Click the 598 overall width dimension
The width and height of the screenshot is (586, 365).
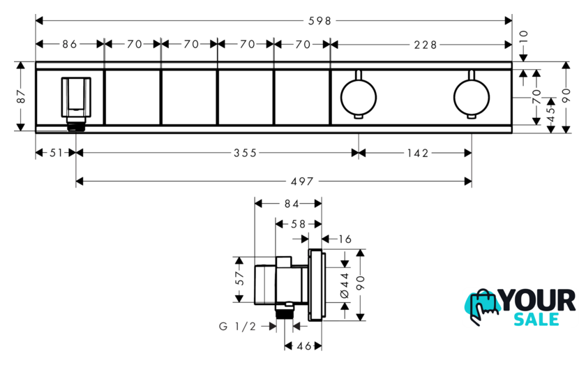tap(320, 21)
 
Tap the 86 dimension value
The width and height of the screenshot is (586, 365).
tap(70, 45)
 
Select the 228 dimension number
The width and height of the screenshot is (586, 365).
tap(426, 45)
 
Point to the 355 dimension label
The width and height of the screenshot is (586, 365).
tap(245, 153)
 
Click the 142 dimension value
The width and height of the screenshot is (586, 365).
tap(417, 153)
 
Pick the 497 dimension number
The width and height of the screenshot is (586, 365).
tap(302, 181)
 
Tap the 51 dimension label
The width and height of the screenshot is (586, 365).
tap(56, 153)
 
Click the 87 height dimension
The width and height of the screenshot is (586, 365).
tap(22, 97)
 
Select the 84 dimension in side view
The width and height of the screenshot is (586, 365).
tap(292, 204)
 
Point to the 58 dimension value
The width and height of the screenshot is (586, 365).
tap(299, 224)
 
